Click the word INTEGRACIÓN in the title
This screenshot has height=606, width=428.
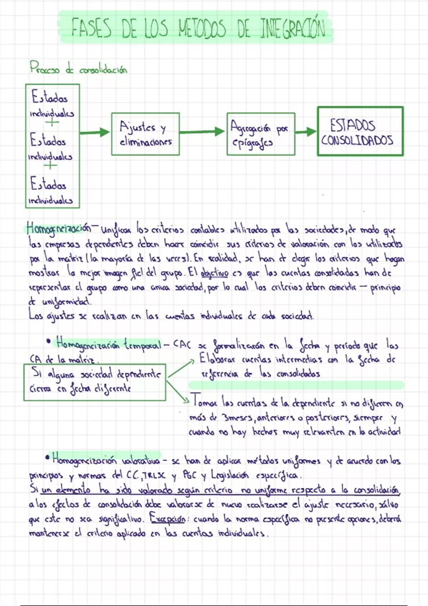[x=292, y=29]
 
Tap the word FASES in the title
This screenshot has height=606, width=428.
[x=91, y=29]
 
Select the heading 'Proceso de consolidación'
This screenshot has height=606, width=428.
[x=78, y=68]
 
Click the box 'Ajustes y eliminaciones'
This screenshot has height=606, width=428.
[x=145, y=134]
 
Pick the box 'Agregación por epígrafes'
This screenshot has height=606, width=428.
[x=261, y=134]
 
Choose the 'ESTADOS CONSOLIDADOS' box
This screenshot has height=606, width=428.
[x=360, y=131]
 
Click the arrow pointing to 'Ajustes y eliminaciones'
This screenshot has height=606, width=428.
[x=95, y=133]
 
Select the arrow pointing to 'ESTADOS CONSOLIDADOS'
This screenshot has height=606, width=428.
[x=306, y=132]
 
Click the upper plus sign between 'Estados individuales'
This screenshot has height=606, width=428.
[x=52, y=123]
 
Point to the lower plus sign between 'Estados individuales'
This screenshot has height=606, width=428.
[x=50, y=165]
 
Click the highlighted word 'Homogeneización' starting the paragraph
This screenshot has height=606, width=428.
[x=59, y=227]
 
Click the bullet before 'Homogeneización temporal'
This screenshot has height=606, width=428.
[x=49, y=341]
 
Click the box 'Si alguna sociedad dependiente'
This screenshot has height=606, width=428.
[x=95, y=382]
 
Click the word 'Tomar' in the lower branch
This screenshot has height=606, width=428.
[x=204, y=402]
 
